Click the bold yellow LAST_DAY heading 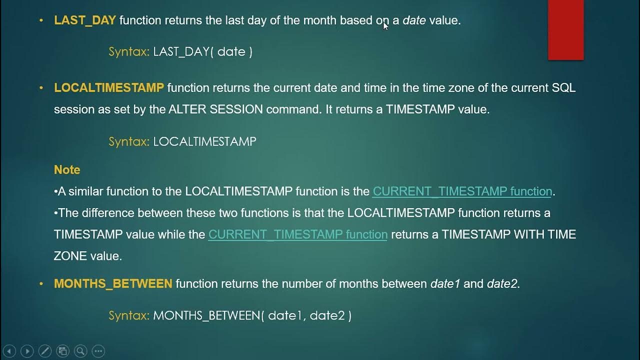click(85, 20)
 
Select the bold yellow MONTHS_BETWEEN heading click(113, 284)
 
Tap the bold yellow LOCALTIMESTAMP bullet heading click(109, 88)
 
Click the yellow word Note click(67, 170)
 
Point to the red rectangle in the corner click(565, 29)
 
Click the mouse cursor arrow click(385, 25)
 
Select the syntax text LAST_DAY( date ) click(202, 51)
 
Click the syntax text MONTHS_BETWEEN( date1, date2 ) click(252, 315)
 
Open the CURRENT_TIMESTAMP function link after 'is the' click(462, 191)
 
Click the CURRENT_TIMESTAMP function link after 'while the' click(297, 234)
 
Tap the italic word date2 click(502, 284)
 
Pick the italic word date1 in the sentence click(445, 284)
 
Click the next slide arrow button click(27, 351)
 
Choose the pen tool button click(45, 351)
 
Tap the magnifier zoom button click(80, 351)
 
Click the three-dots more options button click(98, 351)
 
